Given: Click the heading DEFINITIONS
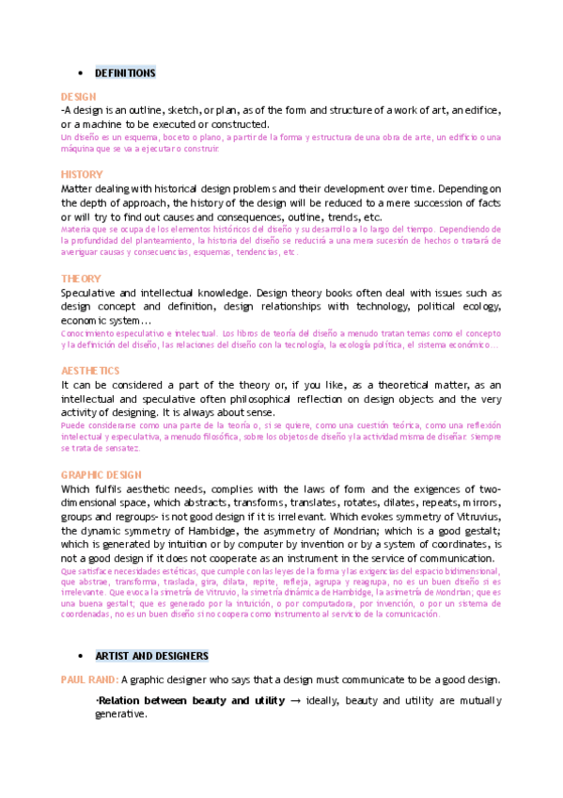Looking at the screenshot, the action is click(125, 73).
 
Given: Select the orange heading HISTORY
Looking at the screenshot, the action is click(82, 175).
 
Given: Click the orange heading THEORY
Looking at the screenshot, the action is click(80, 279).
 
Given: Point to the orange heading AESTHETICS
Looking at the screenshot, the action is click(90, 371).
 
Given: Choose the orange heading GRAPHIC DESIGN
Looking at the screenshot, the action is click(101, 475).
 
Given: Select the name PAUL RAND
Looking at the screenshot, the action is click(88, 679).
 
